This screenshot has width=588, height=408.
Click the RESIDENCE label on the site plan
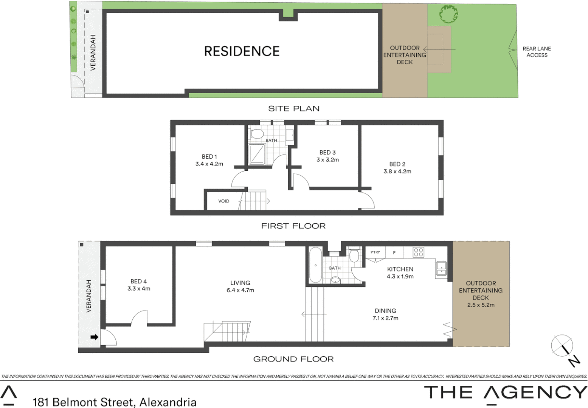coord(242,51)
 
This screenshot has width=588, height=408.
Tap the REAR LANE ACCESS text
coord(537,52)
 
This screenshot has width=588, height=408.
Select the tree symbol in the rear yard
coord(448,14)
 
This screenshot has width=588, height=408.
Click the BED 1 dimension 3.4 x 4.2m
coord(209,164)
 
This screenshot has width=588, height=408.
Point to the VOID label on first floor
coord(223,201)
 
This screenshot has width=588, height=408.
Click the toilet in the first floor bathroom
coord(258,134)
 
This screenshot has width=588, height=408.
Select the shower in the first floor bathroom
coord(257,154)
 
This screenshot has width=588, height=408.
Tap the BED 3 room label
coord(327,152)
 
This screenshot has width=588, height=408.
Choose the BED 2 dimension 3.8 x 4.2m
coord(397,171)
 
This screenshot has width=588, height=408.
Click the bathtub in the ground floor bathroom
coord(315,265)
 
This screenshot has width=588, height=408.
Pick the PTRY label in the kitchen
coord(375,252)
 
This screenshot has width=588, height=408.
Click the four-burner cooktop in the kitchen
coord(418,252)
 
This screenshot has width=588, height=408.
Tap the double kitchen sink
coord(441,268)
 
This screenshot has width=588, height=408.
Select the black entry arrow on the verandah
coord(94,337)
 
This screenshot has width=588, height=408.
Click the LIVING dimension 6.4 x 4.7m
coord(240,290)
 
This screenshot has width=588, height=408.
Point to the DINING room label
coord(385,311)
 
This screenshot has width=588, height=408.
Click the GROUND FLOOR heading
coord(293,359)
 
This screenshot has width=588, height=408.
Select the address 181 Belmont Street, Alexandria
coord(115,402)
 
